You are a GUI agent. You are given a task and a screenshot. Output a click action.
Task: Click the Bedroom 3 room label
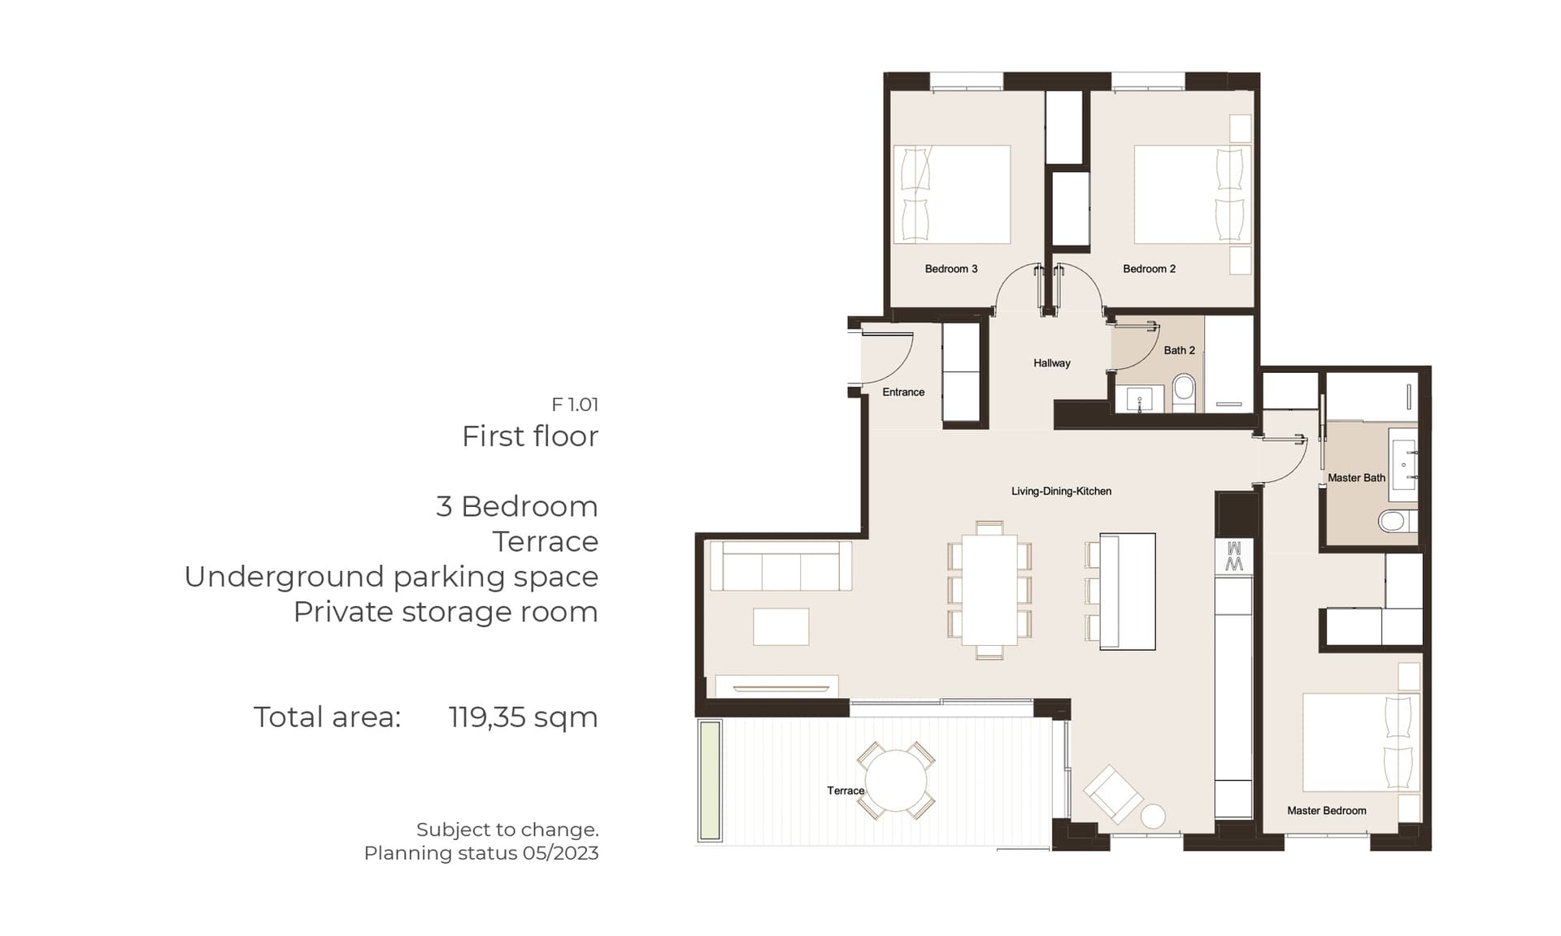[951, 269]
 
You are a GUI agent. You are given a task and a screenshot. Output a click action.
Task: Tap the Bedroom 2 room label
[1149, 269]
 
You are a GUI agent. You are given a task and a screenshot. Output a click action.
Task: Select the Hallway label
[1052, 363]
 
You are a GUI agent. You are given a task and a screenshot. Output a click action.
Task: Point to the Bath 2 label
[1179, 350]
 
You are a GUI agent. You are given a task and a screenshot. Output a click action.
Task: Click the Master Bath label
[1356, 478]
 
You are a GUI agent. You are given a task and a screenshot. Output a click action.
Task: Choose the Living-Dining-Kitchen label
[1061, 491]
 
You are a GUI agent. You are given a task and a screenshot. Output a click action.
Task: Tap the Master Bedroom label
[1326, 810]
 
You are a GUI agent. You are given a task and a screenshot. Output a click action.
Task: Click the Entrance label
[903, 392]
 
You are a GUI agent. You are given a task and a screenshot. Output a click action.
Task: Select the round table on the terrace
[895, 780]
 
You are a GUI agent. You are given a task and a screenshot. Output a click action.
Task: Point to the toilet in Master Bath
[1396, 520]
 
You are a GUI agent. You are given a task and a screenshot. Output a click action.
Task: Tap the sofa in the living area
[780, 565]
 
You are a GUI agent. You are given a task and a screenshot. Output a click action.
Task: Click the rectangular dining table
[989, 590]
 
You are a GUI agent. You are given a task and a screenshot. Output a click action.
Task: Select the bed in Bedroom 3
[952, 195]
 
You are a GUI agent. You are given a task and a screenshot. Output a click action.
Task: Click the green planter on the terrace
[710, 780]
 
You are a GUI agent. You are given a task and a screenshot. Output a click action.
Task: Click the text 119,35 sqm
[523, 717]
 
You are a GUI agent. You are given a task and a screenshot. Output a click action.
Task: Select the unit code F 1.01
[575, 404]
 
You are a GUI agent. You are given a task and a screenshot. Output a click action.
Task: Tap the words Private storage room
[446, 612]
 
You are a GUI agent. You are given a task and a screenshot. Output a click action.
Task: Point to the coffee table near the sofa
[780, 626]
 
